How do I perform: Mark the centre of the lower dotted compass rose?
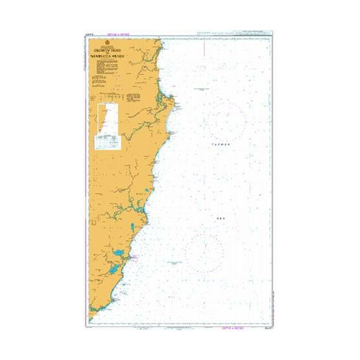[x=204, y=252]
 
